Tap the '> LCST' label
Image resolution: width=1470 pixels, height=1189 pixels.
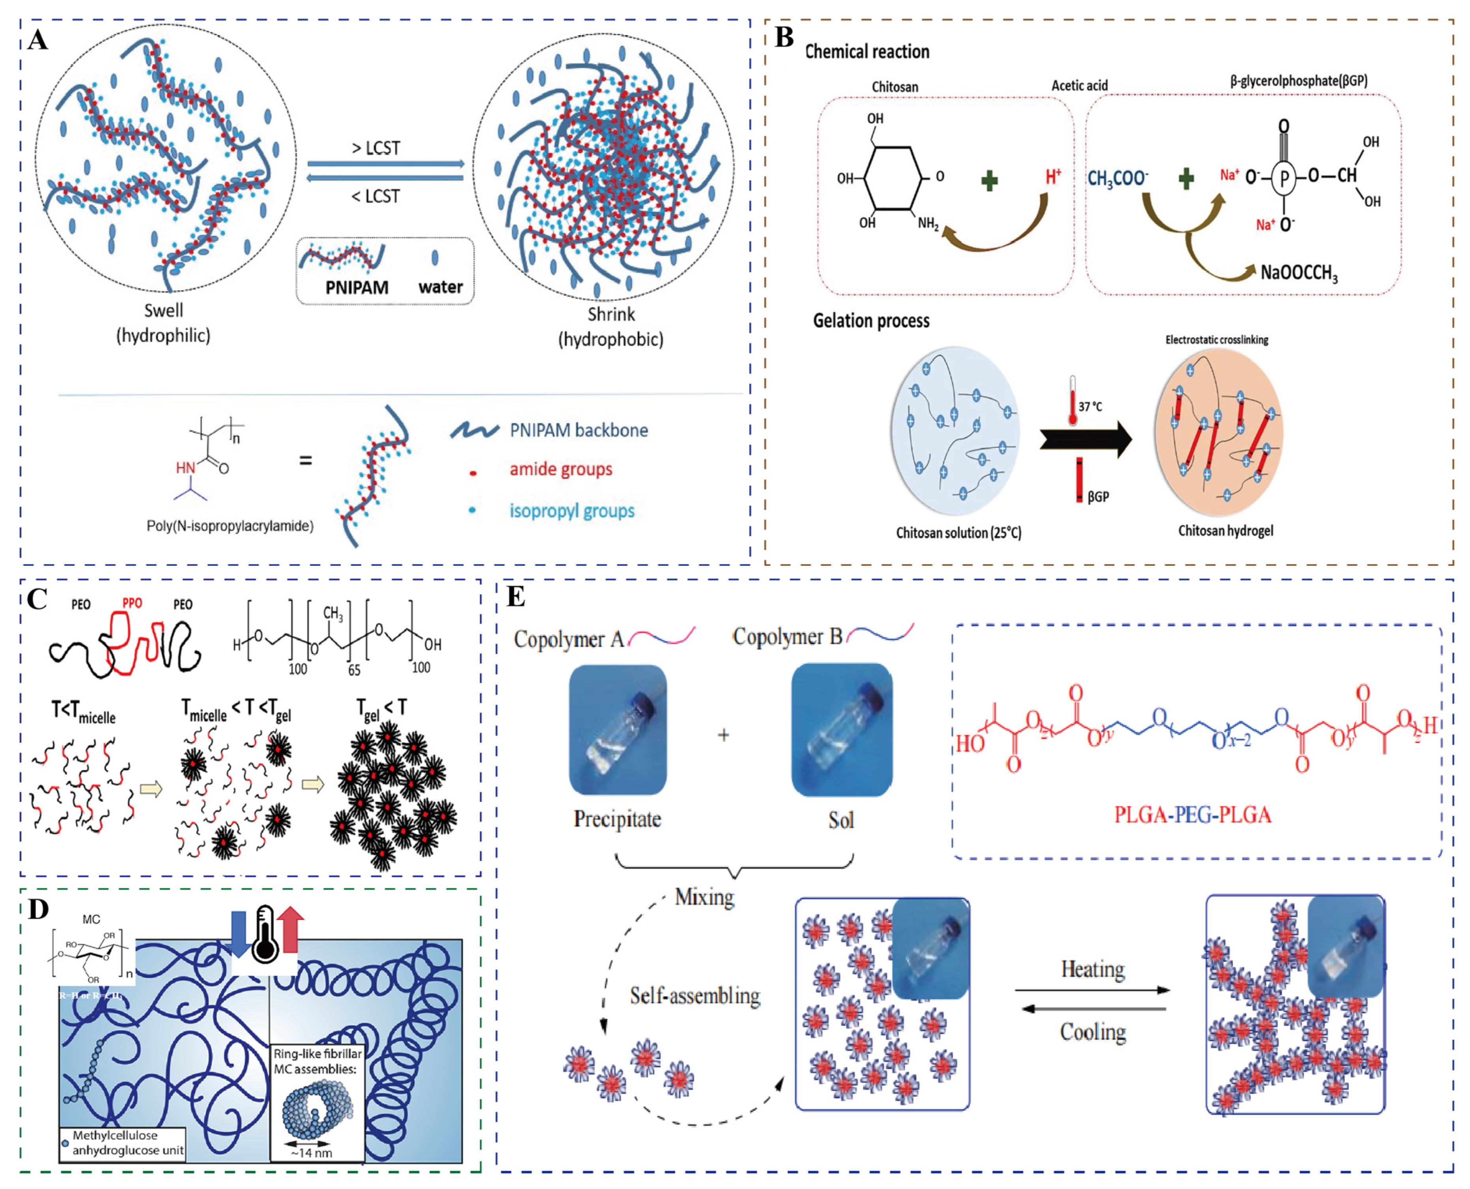click(375, 148)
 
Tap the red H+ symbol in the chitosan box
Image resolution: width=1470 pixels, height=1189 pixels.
click(1053, 177)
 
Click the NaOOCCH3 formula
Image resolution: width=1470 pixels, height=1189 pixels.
click(1299, 273)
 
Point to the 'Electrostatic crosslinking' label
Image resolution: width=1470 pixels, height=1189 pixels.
click(1217, 340)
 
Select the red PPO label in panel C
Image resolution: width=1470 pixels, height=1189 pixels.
click(132, 604)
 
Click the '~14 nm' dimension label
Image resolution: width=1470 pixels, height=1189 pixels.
click(311, 1153)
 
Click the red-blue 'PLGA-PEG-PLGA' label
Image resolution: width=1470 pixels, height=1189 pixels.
click(1192, 815)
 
